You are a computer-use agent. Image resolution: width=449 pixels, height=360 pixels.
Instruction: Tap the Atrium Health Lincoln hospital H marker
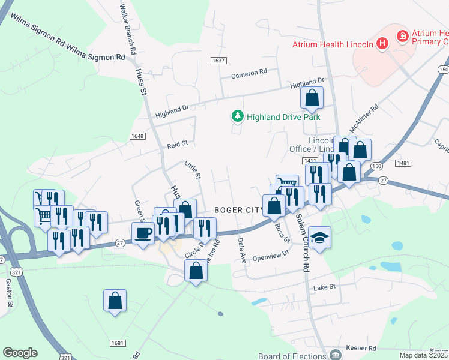(x=382, y=43)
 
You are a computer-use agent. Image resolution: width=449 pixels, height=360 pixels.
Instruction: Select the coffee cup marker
(x=143, y=232)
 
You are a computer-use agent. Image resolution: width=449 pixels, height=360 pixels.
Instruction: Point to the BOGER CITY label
(x=238, y=210)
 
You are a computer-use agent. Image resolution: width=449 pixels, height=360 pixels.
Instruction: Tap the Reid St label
(x=178, y=143)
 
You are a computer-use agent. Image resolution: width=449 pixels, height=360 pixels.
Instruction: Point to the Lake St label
(x=324, y=289)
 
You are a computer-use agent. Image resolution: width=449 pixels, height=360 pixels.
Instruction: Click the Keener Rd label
(x=361, y=348)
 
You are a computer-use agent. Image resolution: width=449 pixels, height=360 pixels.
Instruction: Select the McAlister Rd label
(x=364, y=118)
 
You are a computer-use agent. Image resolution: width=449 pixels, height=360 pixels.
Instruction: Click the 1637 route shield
(x=218, y=61)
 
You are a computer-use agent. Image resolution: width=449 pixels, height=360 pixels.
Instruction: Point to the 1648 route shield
(x=137, y=136)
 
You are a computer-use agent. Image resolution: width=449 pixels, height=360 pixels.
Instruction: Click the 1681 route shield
(x=118, y=343)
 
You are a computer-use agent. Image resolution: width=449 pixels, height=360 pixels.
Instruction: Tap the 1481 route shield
(x=402, y=163)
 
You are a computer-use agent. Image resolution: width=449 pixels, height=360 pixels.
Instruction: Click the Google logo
(x=20, y=353)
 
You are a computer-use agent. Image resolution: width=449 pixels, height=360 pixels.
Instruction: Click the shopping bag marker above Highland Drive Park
(x=312, y=97)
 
